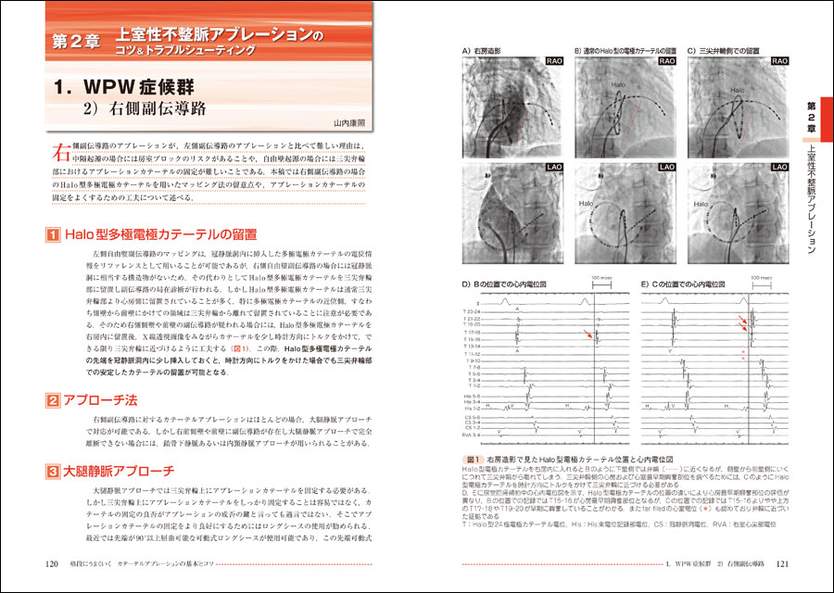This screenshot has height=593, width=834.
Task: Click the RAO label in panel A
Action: tap(554, 60)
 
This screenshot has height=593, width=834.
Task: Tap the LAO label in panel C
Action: tap(777, 168)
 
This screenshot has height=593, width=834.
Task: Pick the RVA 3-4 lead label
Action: tap(473, 435)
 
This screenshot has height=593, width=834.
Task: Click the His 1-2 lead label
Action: tap(473, 408)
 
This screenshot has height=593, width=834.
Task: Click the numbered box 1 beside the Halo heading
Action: tap(53, 235)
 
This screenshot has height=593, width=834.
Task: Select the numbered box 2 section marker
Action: tap(53, 401)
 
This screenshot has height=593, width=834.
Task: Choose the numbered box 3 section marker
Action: tap(53, 471)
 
